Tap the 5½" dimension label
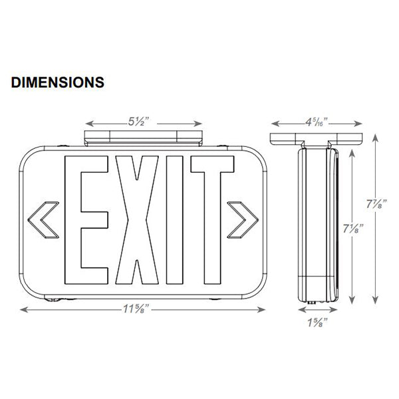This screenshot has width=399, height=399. [144, 123]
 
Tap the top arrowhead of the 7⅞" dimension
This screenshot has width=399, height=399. [376, 136]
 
